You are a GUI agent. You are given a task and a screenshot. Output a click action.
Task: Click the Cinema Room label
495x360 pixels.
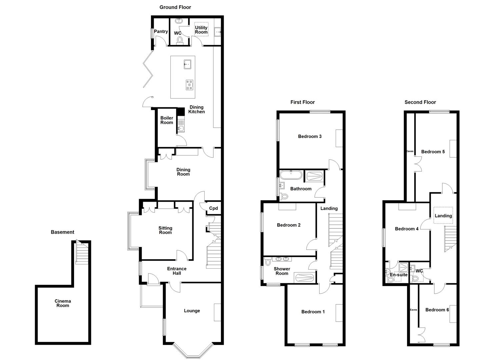click(x=63, y=303)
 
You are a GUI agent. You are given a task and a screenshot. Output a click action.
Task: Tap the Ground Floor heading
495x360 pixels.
click(x=175, y=7)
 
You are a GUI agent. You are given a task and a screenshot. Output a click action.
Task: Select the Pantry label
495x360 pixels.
click(x=161, y=32)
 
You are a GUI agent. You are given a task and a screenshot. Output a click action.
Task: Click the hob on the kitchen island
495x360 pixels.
click(x=189, y=85)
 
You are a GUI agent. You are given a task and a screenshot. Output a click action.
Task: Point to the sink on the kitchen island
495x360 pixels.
click(x=187, y=64)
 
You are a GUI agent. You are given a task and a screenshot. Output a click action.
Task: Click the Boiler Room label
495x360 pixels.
click(x=167, y=120)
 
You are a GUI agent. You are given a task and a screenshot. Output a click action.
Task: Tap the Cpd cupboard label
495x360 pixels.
click(x=213, y=208)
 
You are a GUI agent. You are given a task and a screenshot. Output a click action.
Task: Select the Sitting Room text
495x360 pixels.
click(x=165, y=230)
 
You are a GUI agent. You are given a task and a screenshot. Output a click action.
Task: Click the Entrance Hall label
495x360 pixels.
click(x=177, y=271)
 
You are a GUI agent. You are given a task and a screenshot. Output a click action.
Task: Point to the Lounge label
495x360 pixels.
click(x=192, y=311)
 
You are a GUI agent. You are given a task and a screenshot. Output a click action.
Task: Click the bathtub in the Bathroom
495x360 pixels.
click(x=291, y=175)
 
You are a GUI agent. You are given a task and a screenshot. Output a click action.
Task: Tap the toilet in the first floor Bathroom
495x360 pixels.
click(x=284, y=197)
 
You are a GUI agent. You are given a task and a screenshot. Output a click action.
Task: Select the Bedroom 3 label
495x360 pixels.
click(x=310, y=136)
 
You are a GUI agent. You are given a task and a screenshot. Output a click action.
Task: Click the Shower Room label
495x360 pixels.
click(x=282, y=271)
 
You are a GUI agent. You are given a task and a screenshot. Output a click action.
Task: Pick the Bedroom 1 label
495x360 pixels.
click(x=313, y=312)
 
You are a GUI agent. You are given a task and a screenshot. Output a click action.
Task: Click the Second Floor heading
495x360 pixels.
click(x=420, y=102)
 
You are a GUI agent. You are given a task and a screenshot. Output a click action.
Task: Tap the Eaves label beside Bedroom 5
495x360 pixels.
click(x=410, y=151)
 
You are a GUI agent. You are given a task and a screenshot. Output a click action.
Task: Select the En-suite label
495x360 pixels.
click(x=399, y=275)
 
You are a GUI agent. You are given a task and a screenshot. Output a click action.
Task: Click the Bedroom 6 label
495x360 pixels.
click(x=437, y=310)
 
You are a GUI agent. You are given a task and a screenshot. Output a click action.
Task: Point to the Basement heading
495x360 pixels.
click(x=62, y=232)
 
